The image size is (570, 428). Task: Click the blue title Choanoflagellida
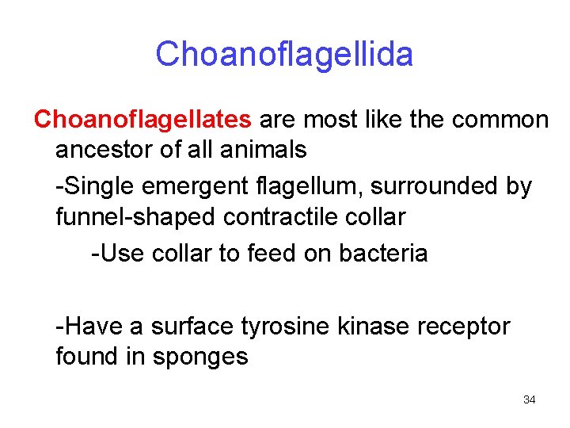pos(284,55)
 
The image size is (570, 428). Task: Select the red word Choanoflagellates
pos(142,120)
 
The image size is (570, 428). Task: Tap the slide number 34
pos(530,399)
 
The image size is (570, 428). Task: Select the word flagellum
pos(298,187)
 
